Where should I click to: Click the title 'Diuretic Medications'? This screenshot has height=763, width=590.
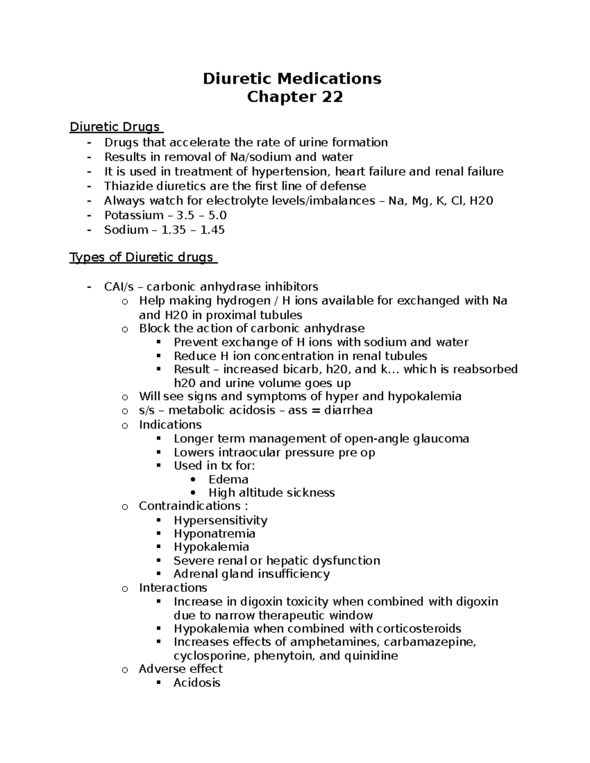point(292,79)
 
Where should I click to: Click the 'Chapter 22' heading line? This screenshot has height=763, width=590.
point(295,97)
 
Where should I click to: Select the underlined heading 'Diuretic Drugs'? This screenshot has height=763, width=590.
point(115,127)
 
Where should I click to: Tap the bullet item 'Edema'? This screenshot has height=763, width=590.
point(228,479)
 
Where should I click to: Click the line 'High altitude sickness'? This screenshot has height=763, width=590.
point(271,493)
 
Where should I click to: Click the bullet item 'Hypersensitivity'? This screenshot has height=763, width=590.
point(220,520)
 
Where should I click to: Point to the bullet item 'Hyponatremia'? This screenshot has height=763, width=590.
point(214,534)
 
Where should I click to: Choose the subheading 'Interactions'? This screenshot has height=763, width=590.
point(173,588)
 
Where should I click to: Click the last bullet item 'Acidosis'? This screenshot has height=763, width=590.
point(197,682)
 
